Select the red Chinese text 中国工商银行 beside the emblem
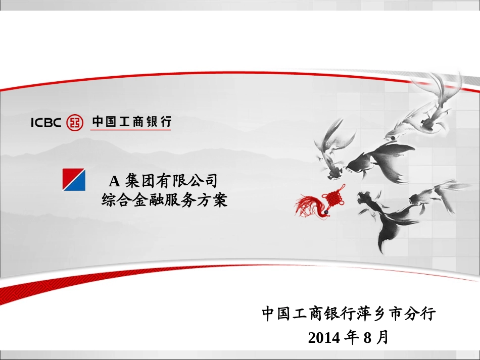(131, 122)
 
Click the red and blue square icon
(74, 179)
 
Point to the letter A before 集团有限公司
(114, 180)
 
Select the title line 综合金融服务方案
(165, 200)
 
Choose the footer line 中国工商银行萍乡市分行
(349, 314)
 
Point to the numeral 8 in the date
(367, 337)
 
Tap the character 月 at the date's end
(382, 337)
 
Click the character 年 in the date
(352, 337)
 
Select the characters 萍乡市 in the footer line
(381, 314)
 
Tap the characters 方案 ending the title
(212, 200)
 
